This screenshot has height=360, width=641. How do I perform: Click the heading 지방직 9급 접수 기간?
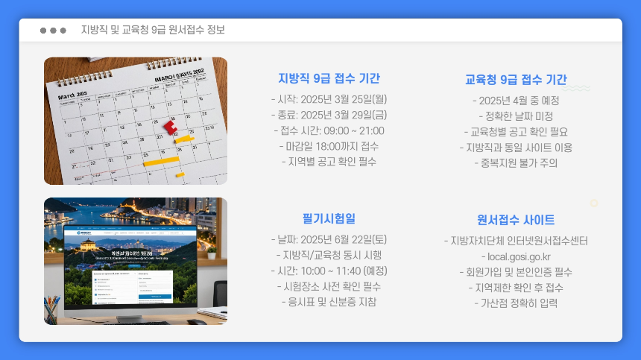(x=329, y=78)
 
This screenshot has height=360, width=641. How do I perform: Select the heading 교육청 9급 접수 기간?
(x=516, y=80)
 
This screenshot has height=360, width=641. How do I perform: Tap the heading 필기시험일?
(x=329, y=218)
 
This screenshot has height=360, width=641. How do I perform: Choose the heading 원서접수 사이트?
(x=516, y=220)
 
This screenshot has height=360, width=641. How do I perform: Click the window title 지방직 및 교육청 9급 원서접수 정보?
(x=153, y=30)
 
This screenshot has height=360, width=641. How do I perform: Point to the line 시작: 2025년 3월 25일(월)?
(x=329, y=99)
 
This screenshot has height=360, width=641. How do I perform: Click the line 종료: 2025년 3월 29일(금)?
(x=329, y=115)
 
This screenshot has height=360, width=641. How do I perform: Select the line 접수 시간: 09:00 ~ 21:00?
(x=329, y=130)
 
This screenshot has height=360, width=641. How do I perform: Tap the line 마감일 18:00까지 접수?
(x=329, y=146)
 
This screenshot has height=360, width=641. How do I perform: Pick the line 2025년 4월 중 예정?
(x=516, y=101)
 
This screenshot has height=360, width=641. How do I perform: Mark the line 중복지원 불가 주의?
(x=516, y=162)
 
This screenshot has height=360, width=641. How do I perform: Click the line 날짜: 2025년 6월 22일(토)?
(x=329, y=239)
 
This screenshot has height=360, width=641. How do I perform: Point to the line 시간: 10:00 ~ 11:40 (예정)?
(x=329, y=271)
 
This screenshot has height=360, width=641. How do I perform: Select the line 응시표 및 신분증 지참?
(x=329, y=302)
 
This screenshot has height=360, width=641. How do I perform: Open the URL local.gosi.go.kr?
(x=516, y=256)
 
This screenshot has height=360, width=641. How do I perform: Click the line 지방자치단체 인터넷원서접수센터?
(x=516, y=241)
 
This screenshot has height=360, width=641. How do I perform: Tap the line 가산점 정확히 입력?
(x=516, y=303)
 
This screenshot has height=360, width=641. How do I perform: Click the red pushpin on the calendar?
(x=171, y=127)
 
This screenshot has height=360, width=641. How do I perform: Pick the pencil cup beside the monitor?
(x=52, y=309)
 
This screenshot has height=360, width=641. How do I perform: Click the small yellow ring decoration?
(x=594, y=203)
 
